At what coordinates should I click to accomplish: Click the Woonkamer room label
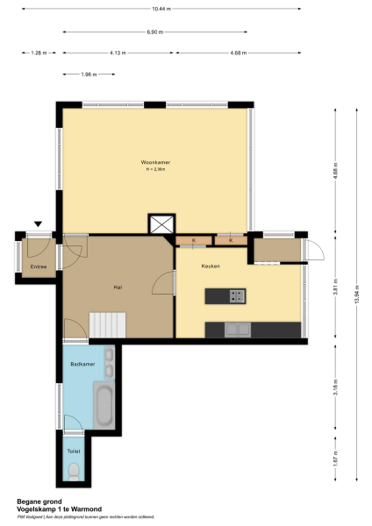coord(155,163)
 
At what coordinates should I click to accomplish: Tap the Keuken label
coord(211,266)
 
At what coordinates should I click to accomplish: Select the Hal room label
coord(117,287)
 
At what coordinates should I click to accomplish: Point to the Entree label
coord(39,266)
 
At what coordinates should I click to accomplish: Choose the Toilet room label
coord(74,451)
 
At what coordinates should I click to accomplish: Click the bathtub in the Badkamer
coord(104,406)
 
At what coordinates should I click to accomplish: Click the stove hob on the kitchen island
coord(235,296)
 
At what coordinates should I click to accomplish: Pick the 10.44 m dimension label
coord(161,9)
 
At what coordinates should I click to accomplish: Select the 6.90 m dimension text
coord(154,32)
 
